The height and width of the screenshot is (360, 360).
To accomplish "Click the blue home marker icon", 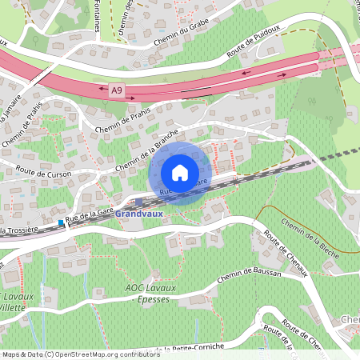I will click(x=180, y=173).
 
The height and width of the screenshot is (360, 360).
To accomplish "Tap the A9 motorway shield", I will click(x=118, y=94).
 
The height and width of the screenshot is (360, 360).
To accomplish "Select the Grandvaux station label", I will click(x=138, y=215).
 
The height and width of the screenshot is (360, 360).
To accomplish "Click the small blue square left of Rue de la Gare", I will click(x=61, y=222).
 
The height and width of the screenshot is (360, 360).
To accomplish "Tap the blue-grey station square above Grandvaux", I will click(x=138, y=202).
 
